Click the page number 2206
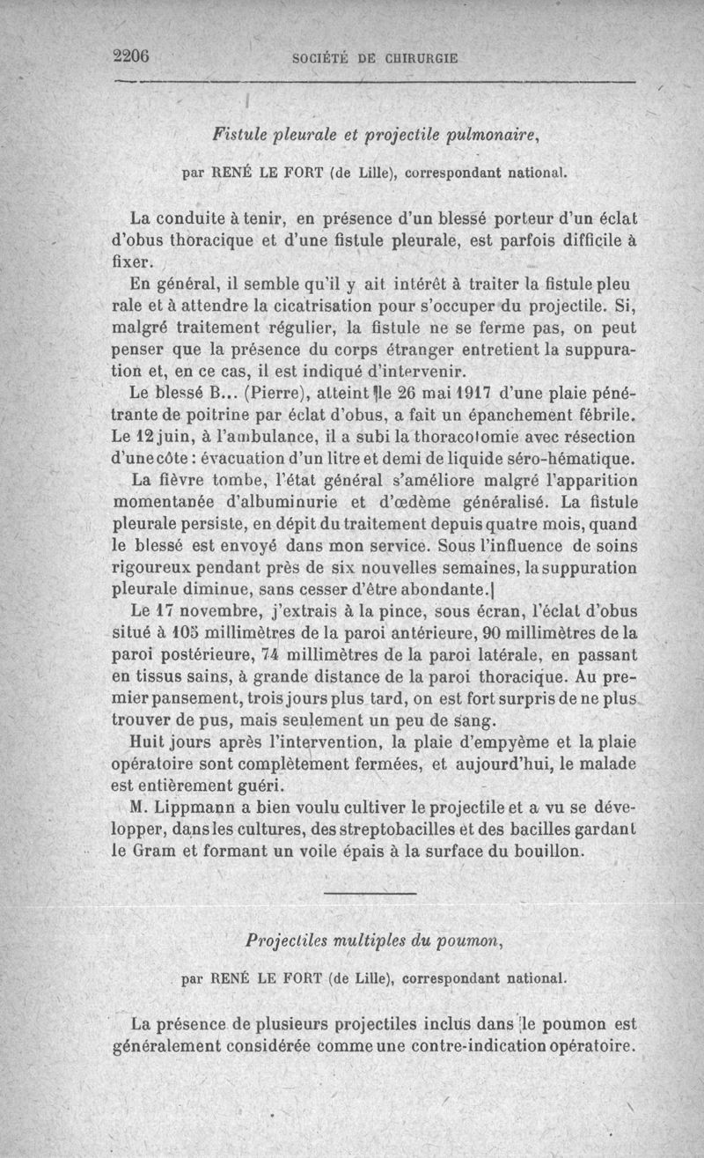click(x=135, y=55)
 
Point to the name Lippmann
click(x=190, y=808)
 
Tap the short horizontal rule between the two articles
click(x=362, y=895)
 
